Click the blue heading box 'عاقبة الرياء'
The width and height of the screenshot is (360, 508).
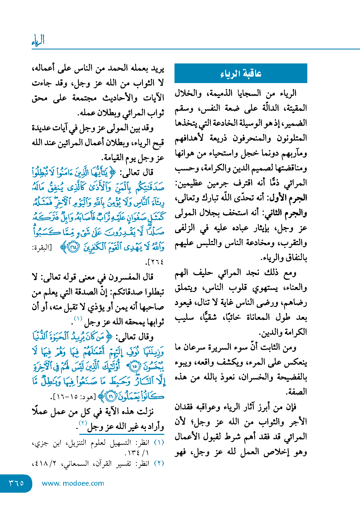pos(241,73)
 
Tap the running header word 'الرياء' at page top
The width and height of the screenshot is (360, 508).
pos(38,41)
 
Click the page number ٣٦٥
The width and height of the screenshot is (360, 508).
pos(16,483)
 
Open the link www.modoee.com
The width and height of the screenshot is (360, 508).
pos(73,483)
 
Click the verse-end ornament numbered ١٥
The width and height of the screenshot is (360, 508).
pos(135,366)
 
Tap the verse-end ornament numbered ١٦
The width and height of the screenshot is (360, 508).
pos(111,396)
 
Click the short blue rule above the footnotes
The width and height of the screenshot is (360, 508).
pos(122,434)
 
